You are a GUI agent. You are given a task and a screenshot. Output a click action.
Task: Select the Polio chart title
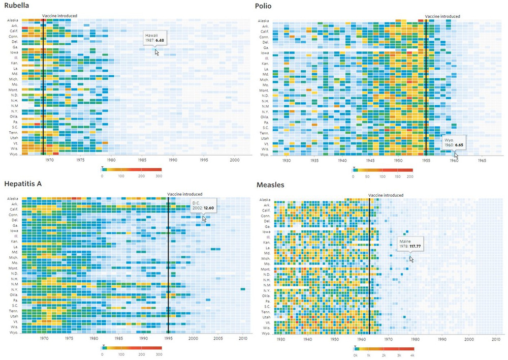(263, 6)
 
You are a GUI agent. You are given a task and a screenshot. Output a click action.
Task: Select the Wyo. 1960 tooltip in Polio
(453, 141)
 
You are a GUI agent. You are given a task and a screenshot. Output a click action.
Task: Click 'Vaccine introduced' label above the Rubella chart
(59, 16)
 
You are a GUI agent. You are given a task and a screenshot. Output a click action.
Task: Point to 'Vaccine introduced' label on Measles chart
(385, 195)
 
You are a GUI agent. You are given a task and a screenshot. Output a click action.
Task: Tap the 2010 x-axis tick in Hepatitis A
(243, 338)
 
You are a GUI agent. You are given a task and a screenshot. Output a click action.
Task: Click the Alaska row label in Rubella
(13, 21)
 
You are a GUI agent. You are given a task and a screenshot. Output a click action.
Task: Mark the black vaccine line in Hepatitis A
(168, 264)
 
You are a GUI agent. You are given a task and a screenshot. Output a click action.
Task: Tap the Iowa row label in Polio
(265, 53)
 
